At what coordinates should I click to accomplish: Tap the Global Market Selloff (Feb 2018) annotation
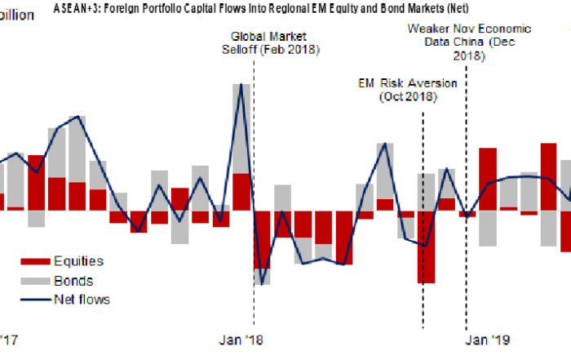click(x=272, y=43)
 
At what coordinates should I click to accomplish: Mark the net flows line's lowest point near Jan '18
click(x=262, y=284)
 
